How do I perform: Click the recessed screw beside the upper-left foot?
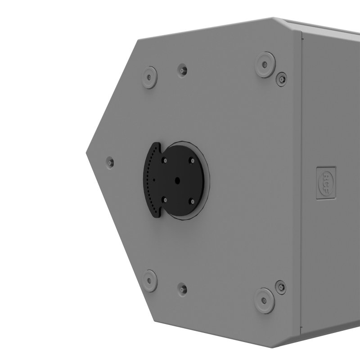tap(182, 70)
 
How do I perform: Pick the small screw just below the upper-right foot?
tap(281, 78)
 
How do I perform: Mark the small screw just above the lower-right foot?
tap(281, 286)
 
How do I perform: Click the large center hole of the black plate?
tap(178, 180)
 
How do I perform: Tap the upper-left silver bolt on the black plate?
tap(166, 160)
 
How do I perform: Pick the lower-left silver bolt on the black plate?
tap(166, 199)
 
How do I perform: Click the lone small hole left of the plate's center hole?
tap(154, 180)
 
